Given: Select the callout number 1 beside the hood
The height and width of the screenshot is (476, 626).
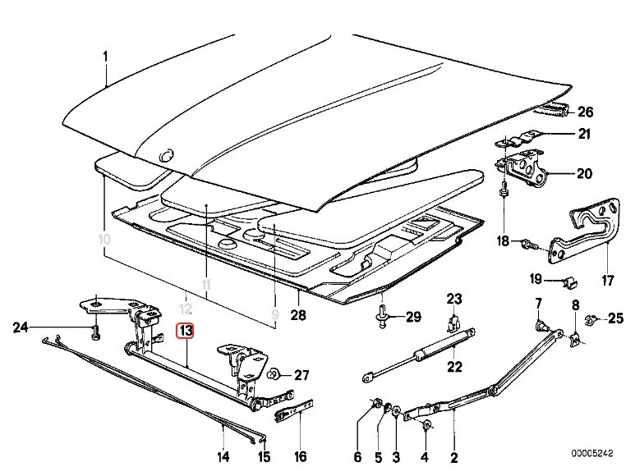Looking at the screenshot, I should point(105,56).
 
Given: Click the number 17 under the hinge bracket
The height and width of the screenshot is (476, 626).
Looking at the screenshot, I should point(607,280).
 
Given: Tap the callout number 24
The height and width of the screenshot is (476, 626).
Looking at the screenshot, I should point(21,329).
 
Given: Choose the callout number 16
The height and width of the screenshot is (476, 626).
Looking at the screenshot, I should point(301,456).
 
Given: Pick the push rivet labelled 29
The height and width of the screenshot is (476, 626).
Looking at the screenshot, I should point(384,316).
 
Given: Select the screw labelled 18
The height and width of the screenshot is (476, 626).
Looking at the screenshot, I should point(527,243).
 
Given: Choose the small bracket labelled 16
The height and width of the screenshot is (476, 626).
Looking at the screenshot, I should point(294,407).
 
